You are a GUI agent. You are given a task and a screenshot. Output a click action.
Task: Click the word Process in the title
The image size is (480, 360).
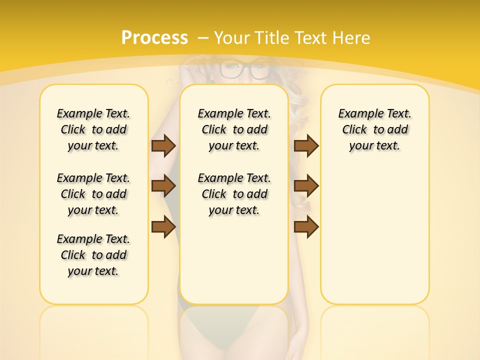point(154,37)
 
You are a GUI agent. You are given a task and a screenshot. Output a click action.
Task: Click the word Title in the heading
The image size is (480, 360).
point(273,37)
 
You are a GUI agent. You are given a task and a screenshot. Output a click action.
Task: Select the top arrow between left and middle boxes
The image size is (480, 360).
point(163,145)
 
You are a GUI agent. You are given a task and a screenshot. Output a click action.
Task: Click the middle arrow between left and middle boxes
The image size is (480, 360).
point(163,186)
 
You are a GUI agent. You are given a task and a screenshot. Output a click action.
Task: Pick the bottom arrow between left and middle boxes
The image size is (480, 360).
point(163,226)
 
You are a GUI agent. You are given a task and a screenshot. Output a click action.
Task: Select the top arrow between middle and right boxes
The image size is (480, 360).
point(306,145)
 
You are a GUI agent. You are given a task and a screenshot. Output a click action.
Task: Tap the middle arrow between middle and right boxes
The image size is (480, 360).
point(306,186)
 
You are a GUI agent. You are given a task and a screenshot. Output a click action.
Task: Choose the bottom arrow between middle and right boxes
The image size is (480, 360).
point(306,226)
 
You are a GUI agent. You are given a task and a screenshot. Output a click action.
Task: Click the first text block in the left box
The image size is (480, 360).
point(93,129)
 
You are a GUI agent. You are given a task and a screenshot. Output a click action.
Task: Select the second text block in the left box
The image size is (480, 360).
point(93,194)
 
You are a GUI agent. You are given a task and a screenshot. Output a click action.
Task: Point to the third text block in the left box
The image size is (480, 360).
point(93,255)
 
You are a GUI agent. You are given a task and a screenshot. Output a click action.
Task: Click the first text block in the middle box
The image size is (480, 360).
point(234,129)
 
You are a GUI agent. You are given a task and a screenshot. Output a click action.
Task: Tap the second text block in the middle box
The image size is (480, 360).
point(234,194)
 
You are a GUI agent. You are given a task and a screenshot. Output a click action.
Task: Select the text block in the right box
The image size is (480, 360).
point(375,129)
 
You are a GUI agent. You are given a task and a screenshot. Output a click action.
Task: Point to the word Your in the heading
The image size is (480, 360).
point(233,37)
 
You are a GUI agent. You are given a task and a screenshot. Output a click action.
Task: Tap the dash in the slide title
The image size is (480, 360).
point(203,37)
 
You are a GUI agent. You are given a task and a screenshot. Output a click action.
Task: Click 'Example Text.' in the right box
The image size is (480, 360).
point(375,113)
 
